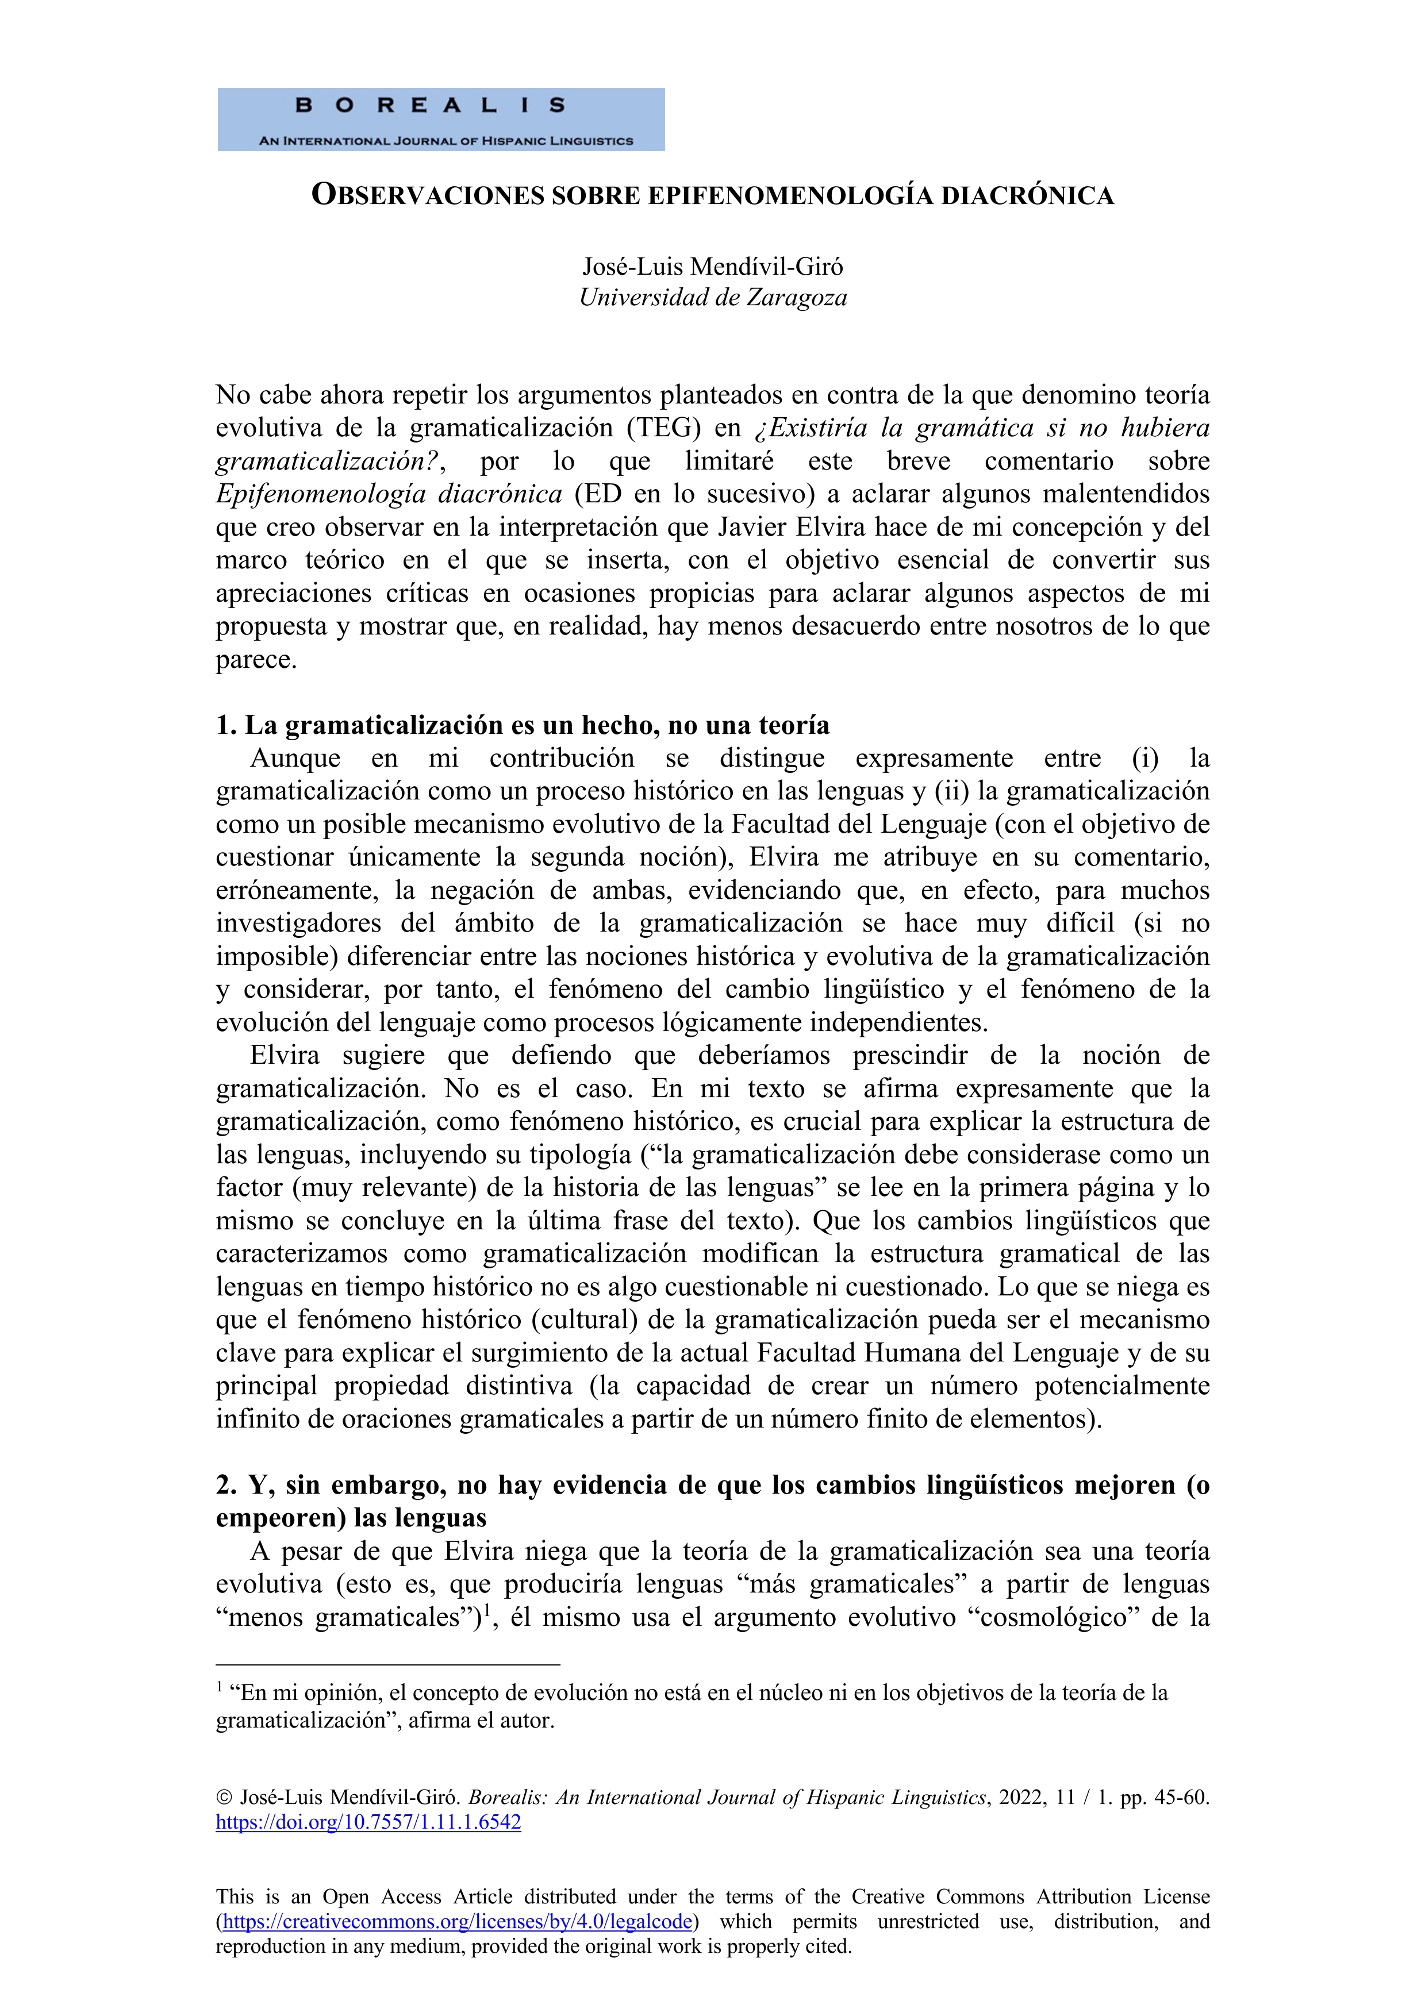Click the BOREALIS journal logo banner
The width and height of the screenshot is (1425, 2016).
tap(441, 120)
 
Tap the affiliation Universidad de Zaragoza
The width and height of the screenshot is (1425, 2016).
tap(713, 298)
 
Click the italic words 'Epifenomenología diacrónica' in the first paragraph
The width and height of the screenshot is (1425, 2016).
tap(389, 494)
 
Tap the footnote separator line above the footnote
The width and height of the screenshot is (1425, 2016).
tap(387, 1663)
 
